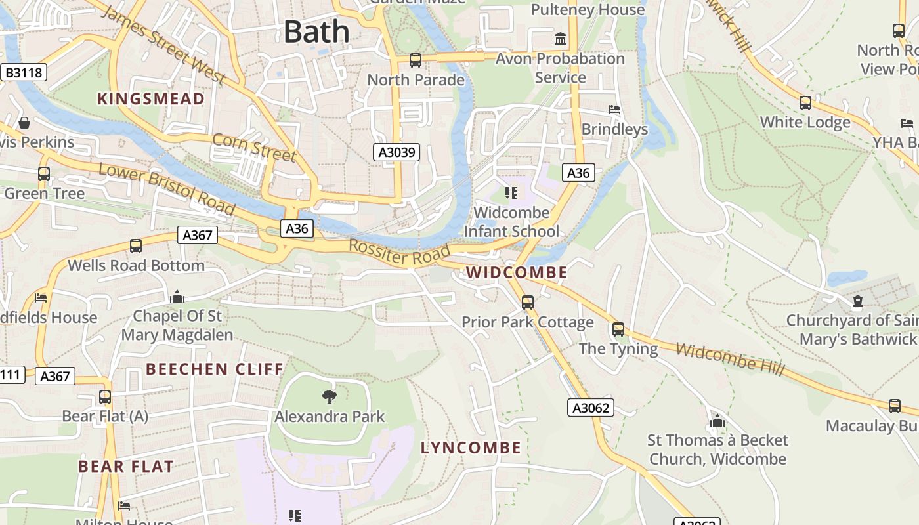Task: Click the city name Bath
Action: pyautogui.click(x=316, y=31)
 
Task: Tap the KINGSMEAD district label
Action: pyautogui.click(x=151, y=99)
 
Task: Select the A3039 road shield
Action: pyautogui.click(x=396, y=153)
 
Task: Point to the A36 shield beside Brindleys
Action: pyautogui.click(x=578, y=173)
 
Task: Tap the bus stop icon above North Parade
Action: pyautogui.click(x=415, y=60)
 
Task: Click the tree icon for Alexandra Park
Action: pyautogui.click(x=330, y=396)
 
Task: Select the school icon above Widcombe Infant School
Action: pyautogui.click(x=511, y=193)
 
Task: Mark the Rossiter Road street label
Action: pyautogui.click(x=399, y=253)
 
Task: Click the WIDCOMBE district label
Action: pyautogui.click(x=517, y=272)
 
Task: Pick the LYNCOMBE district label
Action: pyautogui.click(x=471, y=448)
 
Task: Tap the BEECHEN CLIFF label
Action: pyautogui.click(x=215, y=369)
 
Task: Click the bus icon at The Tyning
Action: pyautogui.click(x=618, y=329)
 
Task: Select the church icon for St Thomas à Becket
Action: pyautogui.click(x=717, y=420)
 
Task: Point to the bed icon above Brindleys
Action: pyautogui.click(x=614, y=110)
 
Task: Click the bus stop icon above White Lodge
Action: pyautogui.click(x=805, y=103)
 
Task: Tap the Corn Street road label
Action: pyautogui.click(x=254, y=147)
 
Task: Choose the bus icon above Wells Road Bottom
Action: pyautogui.click(x=136, y=246)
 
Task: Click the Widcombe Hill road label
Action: pyautogui.click(x=730, y=360)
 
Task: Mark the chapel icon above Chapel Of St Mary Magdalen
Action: pyautogui.click(x=177, y=297)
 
